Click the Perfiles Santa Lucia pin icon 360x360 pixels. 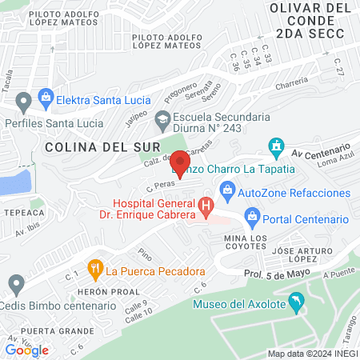coord(23,102)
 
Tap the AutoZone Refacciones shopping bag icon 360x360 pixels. coord(227,190)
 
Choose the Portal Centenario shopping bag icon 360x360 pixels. coord(253,215)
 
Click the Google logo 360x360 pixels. coord(27,350)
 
